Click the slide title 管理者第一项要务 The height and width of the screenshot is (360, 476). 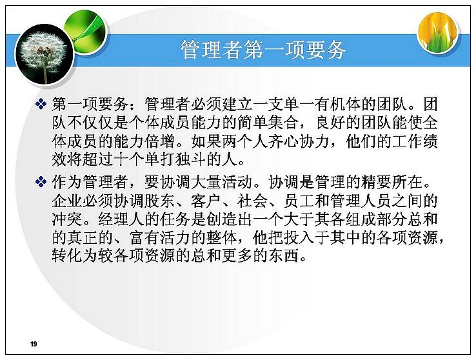click(x=263, y=50)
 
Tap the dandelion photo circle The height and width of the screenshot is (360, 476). click(x=45, y=55)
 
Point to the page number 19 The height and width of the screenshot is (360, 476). click(x=34, y=344)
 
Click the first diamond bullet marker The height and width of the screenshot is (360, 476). click(x=41, y=104)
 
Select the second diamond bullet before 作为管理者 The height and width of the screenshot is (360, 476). click(x=41, y=182)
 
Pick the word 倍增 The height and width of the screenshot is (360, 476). click(x=160, y=141)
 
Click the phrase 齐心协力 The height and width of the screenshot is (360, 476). click(x=299, y=141)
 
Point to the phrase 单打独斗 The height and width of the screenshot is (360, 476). click(x=175, y=160)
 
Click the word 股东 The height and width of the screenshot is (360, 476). click(x=160, y=201)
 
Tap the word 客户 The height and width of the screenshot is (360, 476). click(x=206, y=201)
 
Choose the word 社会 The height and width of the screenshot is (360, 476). click(x=253, y=201)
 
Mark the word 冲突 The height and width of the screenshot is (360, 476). click(x=67, y=219)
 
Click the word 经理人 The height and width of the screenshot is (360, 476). click(x=121, y=219)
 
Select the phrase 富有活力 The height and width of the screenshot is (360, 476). click(x=160, y=237)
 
